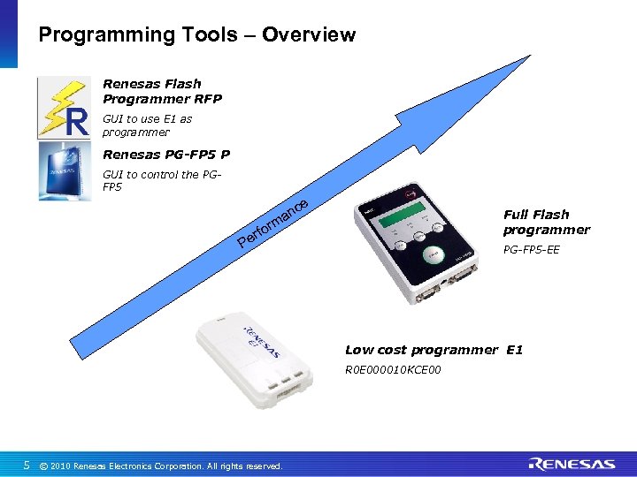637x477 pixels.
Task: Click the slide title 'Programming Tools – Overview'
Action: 196,35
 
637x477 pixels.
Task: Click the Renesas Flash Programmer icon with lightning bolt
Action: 64,108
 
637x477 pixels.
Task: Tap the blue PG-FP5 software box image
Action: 64,171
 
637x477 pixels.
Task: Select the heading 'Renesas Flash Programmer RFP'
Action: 162,91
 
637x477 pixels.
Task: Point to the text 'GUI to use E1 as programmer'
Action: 147,125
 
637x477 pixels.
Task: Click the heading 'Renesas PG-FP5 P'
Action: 166,155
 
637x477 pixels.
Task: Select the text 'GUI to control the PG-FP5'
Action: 159,180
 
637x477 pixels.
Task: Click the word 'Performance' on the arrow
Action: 273,223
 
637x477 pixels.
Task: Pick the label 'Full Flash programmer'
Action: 546,222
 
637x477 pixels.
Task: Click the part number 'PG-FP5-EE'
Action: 531,250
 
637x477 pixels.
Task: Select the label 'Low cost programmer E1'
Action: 434,350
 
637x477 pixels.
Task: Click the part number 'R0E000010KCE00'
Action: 392,369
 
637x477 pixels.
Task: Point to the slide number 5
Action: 27,465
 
